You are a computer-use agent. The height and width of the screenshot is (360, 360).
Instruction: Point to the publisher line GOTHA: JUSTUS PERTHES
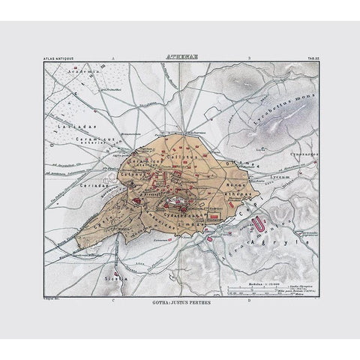[181, 305]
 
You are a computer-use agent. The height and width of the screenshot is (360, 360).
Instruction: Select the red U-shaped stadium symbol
[259, 223]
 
